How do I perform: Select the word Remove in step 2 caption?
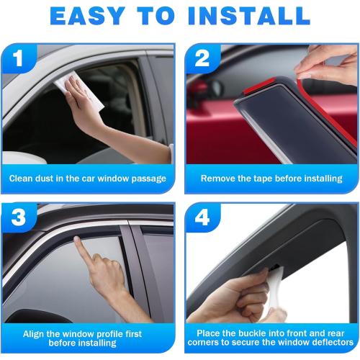pyautogui.click(x=217, y=178)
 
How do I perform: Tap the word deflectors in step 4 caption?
pyautogui.click(x=324, y=343)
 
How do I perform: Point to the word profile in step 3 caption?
pyautogui.click(x=112, y=334)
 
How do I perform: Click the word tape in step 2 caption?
pyautogui.click(x=258, y=178)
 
